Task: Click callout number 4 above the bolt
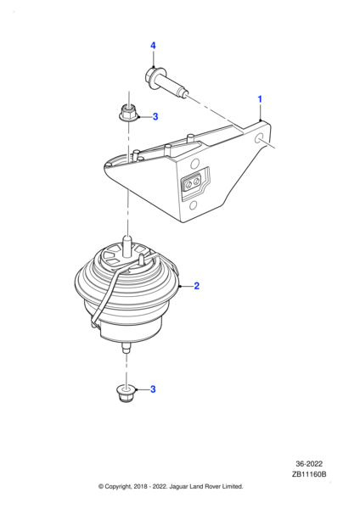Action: pos(154,45)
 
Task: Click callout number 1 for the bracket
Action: pos(260,100)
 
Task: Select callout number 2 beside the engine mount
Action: pos(197,286)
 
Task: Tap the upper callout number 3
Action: pos(155,117)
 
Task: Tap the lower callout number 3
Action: pos(154,389)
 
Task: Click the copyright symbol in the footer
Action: pos(102,486)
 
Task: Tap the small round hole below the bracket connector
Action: pos(194,204)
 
